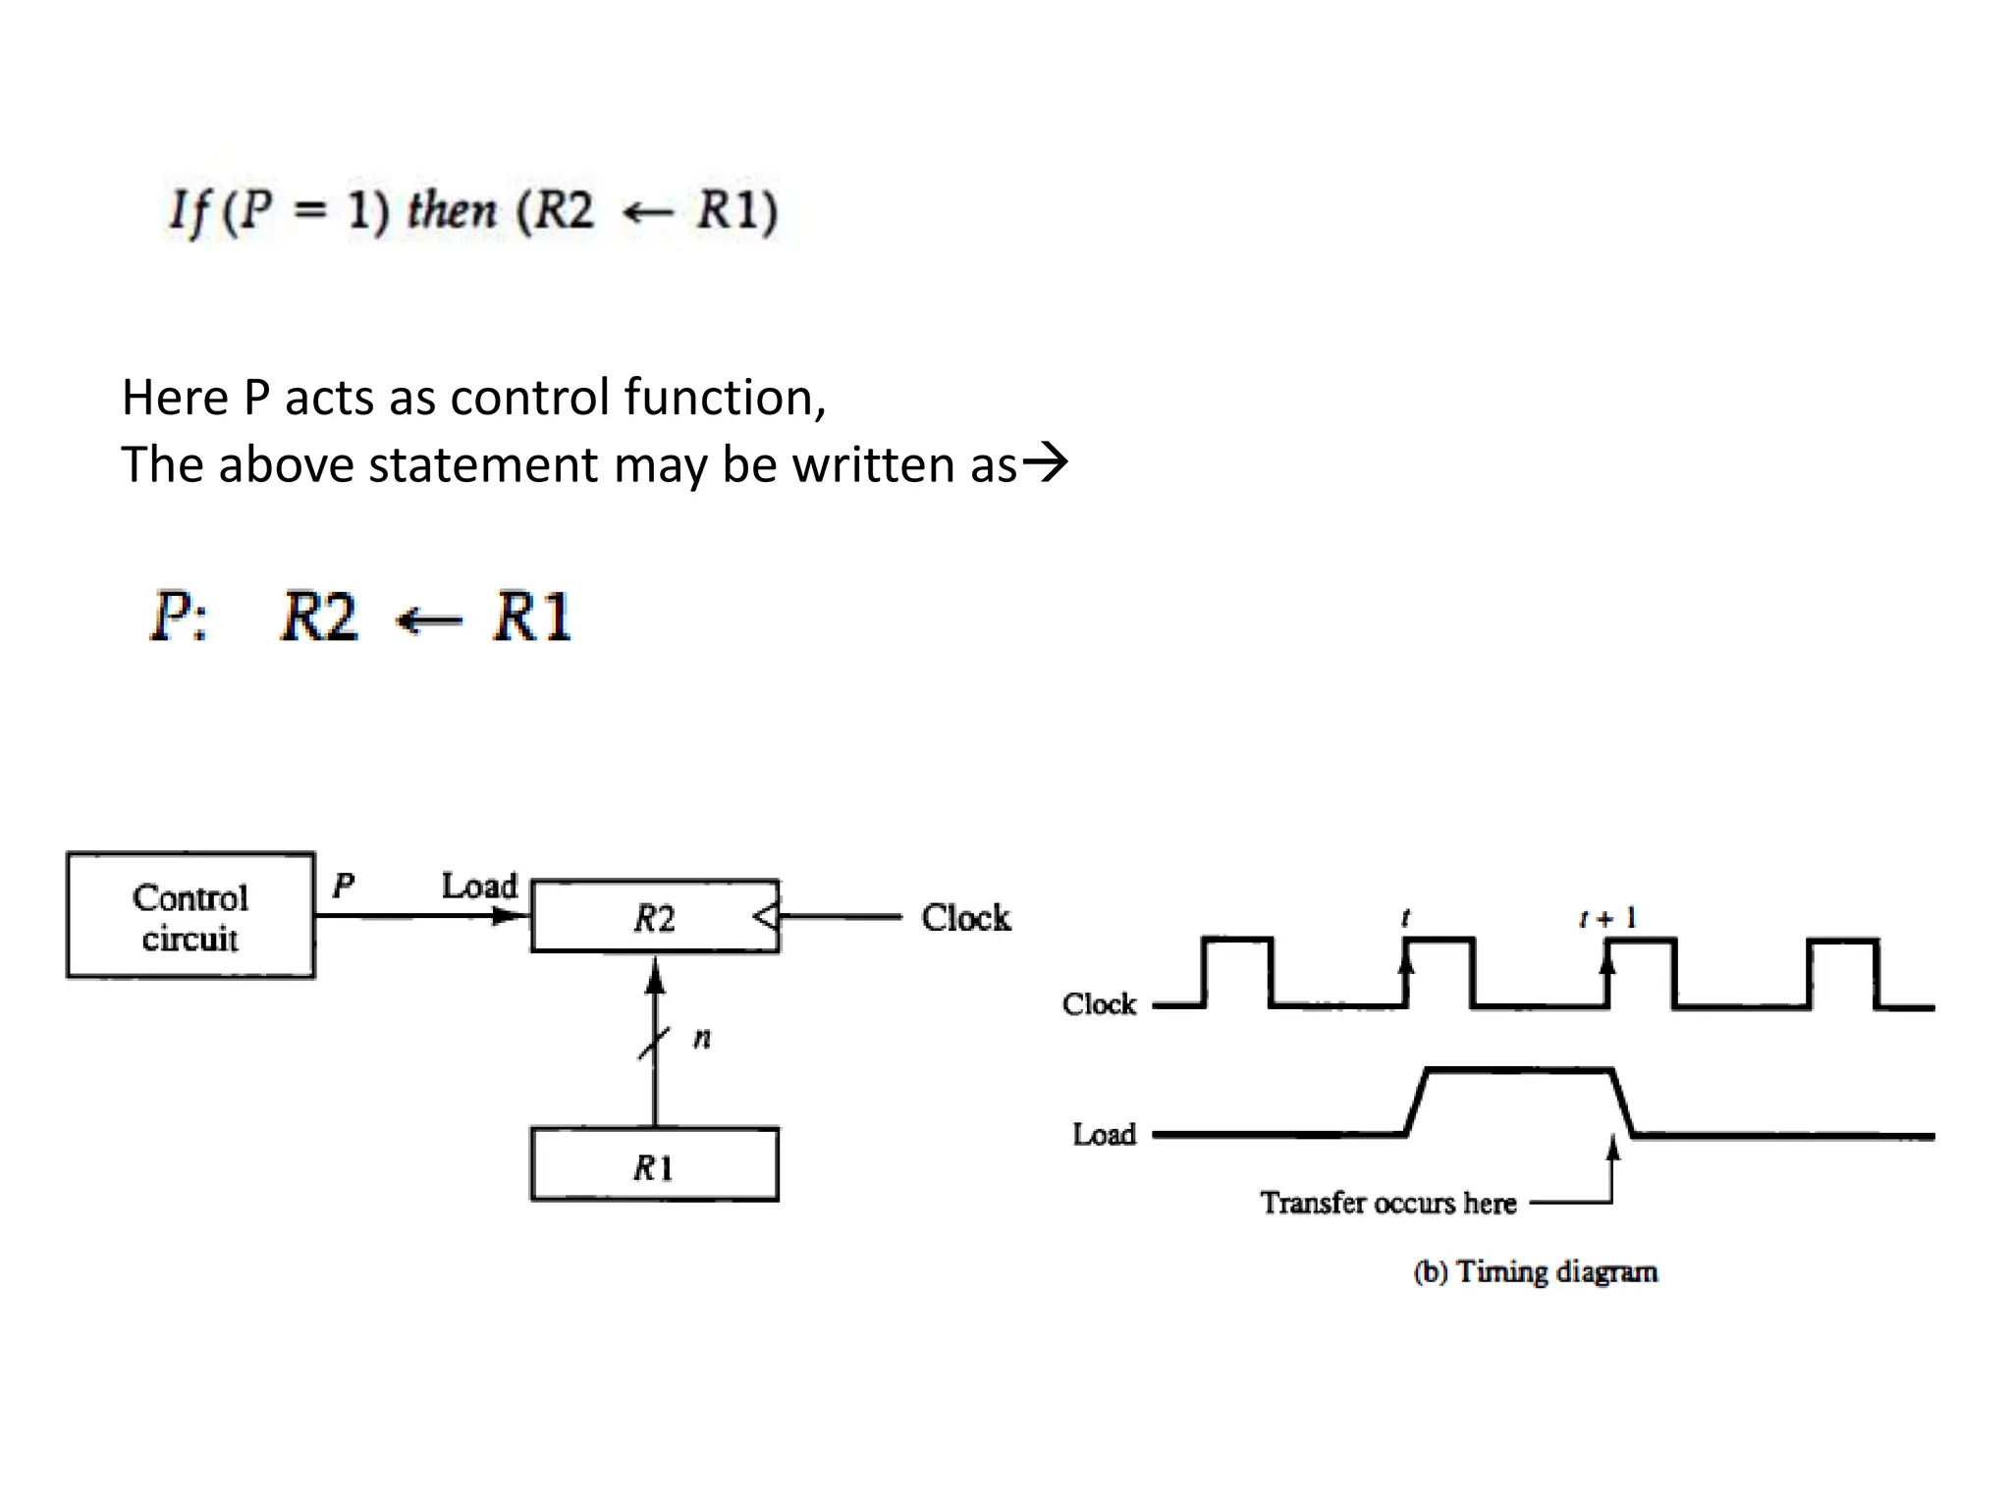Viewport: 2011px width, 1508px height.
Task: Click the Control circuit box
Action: click(190, 915)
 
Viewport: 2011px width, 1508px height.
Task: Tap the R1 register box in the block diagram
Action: click(654, 1165)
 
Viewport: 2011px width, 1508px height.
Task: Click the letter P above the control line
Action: click(343, 885)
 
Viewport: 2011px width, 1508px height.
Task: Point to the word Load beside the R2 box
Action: click(479, 886)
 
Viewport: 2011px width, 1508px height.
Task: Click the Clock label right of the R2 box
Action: click(965, 917)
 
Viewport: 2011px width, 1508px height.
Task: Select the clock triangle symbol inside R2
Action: click(766, 917)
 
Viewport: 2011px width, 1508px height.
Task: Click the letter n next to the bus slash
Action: click(702, 1038)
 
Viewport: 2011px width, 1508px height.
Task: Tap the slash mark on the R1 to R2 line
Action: click(655, 1042)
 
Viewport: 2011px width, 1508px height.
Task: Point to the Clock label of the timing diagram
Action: click(1099, 1003)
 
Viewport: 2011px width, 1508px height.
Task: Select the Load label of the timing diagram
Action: click(1104, 1134)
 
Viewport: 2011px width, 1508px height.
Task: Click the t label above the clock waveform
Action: click(1405, 918)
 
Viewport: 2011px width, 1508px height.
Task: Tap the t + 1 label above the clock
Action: click(1607, 918)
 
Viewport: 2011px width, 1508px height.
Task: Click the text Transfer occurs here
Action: click(1387, 1202)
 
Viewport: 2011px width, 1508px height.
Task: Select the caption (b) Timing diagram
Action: click(1535, 1271)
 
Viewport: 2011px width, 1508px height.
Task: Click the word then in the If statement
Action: click(452, 210)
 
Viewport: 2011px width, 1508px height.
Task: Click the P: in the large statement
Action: click(179, 617)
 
